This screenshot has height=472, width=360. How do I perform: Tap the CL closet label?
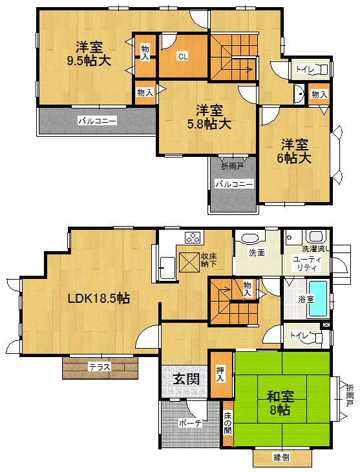pyautogui.click(x=183, y=56)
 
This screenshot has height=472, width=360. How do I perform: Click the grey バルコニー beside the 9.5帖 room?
pyautogui.click(x=97, y=120)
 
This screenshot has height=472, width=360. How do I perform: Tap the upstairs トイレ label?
pyautogui.click(x=302, y=69)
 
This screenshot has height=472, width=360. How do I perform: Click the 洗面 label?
pyautogui.click(x=257, y=252)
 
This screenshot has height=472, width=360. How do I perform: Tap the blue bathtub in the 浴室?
pyautogui.click(x=318, y=299)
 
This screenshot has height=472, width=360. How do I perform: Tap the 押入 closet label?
pyautogui.click(x=220, y=373)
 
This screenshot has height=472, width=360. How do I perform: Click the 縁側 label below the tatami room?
pyautogui.click(x=281, y=457)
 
